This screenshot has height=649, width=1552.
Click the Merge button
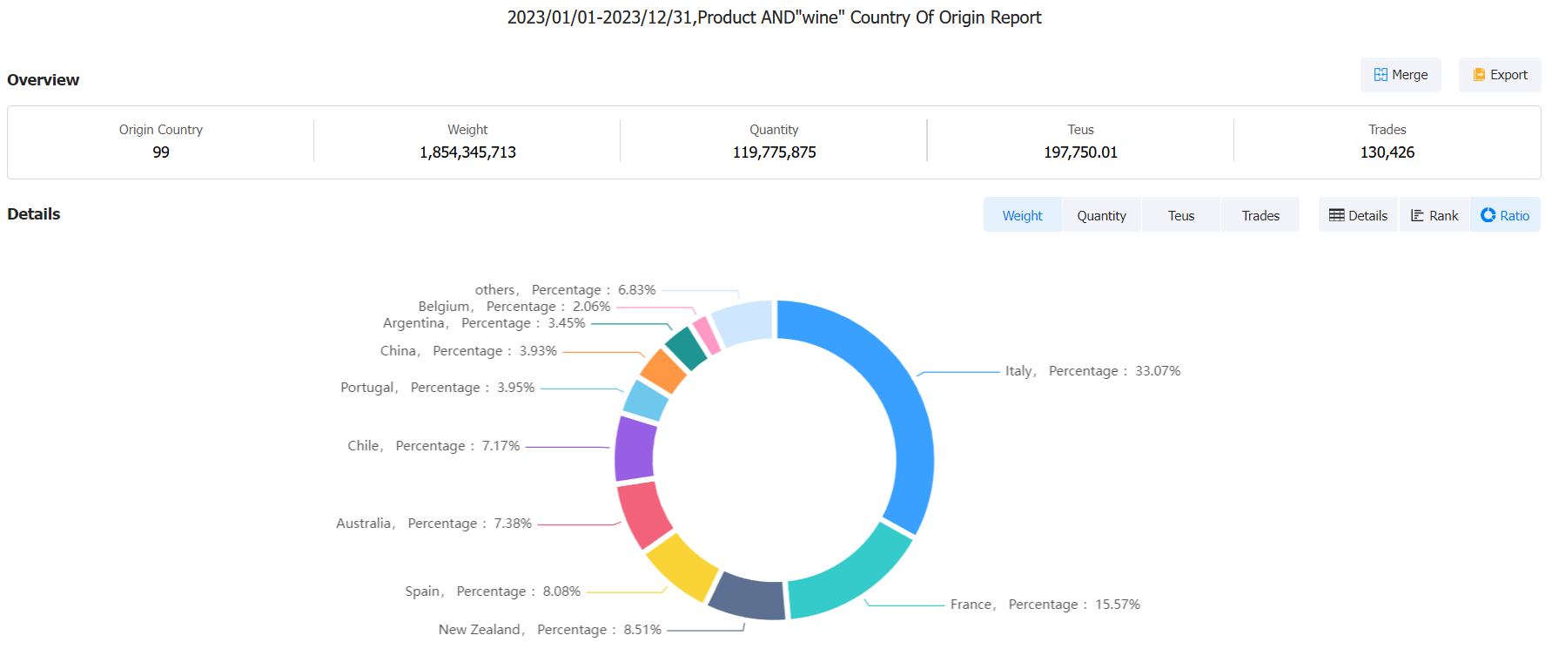click(x=1400, y=75)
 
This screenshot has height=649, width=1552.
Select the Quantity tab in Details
click(x=1101, y=215)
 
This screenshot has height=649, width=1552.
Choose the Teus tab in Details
click(x=1180, y=215)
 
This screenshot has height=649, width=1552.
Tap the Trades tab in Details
click(x=1260, y=215)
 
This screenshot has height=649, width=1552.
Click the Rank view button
click(x=1434, y=215)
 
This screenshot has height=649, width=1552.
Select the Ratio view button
click(x=1505, y=215)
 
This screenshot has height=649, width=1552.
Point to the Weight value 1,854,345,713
click(x=467, y=152)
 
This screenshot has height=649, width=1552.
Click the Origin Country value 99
click(x=161, y=152)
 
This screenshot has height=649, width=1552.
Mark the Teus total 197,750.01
click(x=1080, y=152)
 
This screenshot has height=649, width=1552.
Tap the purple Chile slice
click(x=635, y=449)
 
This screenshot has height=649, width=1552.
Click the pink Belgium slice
click(x=706, y=335)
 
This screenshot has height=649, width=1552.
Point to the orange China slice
click(x=662, y=370)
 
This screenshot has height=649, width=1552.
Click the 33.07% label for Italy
click(x=1158, y=371)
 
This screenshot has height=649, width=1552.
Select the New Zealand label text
click(x=480, y=629)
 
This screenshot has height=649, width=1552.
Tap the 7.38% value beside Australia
click(x=513, y=524)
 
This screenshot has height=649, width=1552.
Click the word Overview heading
click(x=44, y=80)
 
